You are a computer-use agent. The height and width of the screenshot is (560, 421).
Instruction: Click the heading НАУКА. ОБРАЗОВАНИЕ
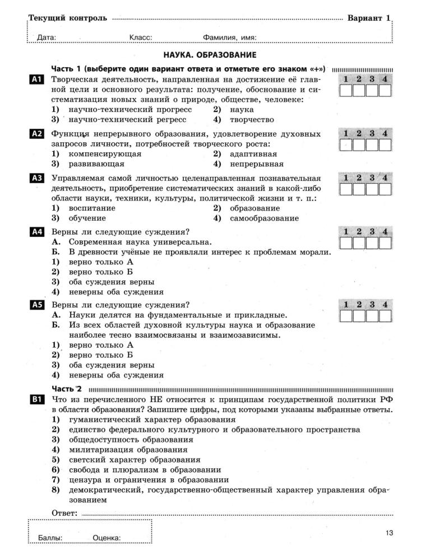pyautogui.click(x=210, y=55)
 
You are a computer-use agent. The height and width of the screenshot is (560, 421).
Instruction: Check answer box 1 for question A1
pyautogui.click(x=346, y=91)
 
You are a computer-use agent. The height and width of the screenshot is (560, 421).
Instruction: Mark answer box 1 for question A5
pyautogui.click(x=346, y=316)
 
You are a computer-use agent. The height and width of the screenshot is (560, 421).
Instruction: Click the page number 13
pyautogui.click(x=390, y=533)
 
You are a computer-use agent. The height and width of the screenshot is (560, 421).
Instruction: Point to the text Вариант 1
pyautogui.click(x=368, y=18)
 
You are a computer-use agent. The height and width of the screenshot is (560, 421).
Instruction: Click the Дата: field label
pyautogui.click(x=47, y=38)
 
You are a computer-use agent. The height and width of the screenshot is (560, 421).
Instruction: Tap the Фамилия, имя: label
pyautogui.click(x=230, y=38)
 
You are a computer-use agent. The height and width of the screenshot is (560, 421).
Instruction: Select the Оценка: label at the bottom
pyautogui.click(x=107, y=538)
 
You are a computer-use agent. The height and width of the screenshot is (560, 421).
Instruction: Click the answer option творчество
pyautogui.click(x=252, y=119)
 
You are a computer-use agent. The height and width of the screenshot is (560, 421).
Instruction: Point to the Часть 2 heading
pyautogui.click(x=67, y=389)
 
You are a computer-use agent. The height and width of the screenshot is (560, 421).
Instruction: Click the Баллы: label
pyautogui.click(x=50, y=538)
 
